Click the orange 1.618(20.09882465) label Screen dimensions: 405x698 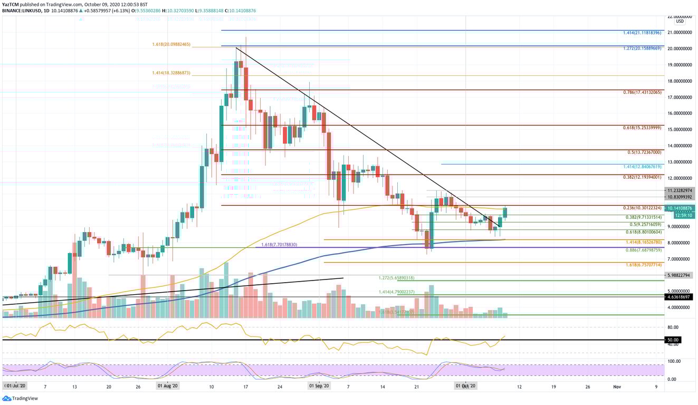[171, 45]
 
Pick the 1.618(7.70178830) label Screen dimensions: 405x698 [276, 245]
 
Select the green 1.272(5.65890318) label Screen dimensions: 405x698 [396, 278]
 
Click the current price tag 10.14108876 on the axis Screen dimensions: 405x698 [680, 208]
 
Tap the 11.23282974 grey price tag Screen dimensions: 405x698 [680, 190]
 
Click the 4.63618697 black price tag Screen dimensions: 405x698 [680, 297]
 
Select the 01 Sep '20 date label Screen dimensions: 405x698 [319, 387]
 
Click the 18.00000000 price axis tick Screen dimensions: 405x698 [680, 81]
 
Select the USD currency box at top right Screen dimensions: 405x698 [680, 21]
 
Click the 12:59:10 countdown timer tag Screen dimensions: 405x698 [680, 215]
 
